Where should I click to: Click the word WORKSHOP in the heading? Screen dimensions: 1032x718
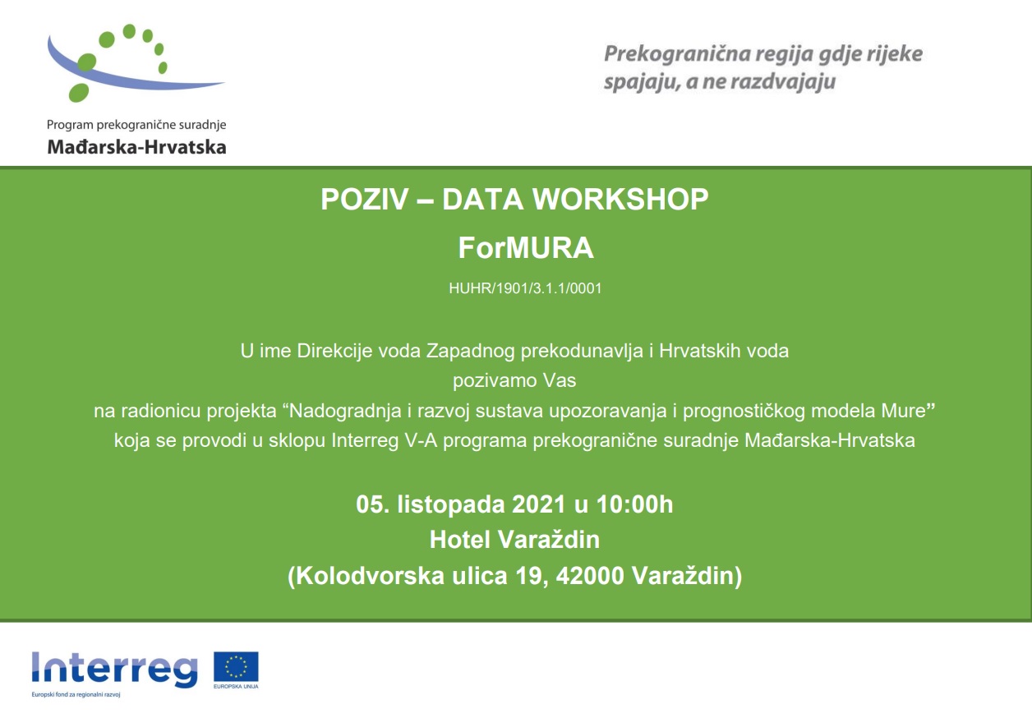click(620, 200)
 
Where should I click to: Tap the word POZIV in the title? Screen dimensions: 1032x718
click(365, 200)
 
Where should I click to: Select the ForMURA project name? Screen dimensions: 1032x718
click(526, 248)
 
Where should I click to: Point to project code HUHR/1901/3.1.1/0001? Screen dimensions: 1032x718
click(525, 288)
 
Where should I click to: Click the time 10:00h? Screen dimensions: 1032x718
click(634, 504)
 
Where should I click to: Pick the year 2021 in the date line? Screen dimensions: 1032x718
click(538, 504)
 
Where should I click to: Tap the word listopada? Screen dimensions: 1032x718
click(451, 505)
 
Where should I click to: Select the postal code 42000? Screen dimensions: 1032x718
click(590, 576)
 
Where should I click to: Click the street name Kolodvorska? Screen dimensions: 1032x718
click(370, 576)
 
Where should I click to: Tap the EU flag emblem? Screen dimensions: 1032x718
click(236, 666)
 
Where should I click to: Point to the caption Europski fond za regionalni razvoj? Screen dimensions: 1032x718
click(76, 694)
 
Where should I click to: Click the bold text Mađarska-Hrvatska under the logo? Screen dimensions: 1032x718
click(137, 147)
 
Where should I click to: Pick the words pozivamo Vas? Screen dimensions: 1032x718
click(514, 381)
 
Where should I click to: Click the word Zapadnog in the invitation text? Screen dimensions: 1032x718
click(470, 352)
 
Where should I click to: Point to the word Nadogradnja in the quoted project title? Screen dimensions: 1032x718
click(346, 412)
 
